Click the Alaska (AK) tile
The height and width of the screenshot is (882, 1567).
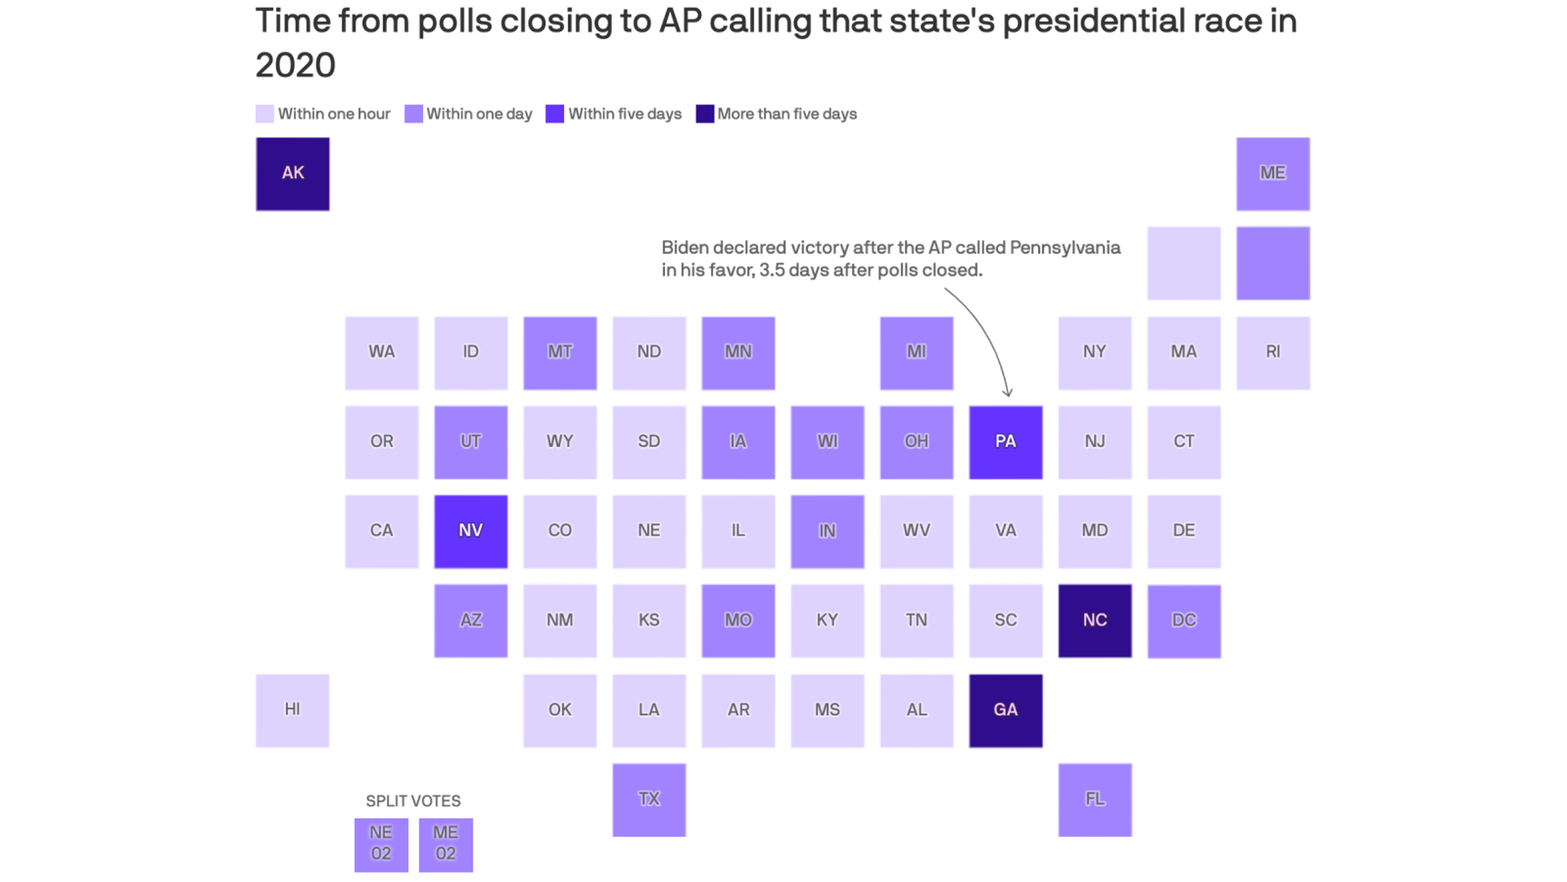(292, 174)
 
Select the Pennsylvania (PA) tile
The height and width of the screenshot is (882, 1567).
(1005, 442)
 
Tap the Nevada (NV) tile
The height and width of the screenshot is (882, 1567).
(470, 531)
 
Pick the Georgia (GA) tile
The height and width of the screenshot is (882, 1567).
(1005, 710)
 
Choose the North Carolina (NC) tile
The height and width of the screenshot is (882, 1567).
(1094, 621)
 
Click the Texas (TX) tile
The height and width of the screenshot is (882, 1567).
(649, 800)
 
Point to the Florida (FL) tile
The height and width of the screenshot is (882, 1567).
(1094, 800)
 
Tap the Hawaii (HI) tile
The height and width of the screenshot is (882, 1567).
(292, 710)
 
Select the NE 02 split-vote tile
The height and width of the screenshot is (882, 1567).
(381, 844)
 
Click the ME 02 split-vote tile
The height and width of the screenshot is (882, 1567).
(446, 844)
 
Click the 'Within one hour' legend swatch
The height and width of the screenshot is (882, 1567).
(264, 114)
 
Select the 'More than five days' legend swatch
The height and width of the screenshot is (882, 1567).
(704, 114)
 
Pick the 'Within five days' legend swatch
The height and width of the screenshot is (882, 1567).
(555, 114)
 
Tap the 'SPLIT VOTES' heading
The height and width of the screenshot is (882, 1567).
(413, 801)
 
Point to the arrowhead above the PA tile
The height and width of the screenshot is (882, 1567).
(1008, 393)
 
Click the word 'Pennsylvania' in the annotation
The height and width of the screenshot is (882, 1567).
(1064, 247)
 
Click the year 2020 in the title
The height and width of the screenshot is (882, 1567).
(295, 65)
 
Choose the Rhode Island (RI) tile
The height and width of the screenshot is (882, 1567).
(1272, 353)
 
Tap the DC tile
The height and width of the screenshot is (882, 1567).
(1183, 621)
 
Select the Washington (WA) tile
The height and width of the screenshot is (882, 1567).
(381, 353)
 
